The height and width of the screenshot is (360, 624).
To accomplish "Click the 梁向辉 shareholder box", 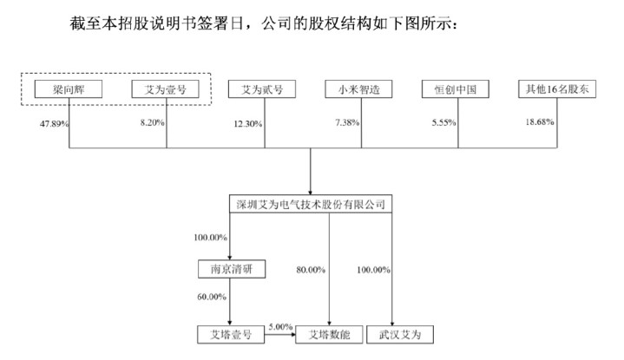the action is pyautogui.click(x=69, y=89).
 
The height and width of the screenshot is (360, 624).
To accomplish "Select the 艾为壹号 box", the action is pyautogui.click(x=165, y=89).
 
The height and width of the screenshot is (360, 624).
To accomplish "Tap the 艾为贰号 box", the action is pyautogui.click(x=262, y=89).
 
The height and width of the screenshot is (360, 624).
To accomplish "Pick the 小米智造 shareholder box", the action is pyautogui.click(x=358, y=89).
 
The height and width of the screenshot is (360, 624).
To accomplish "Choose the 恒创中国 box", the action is pyautogui.click(x=456, y=89).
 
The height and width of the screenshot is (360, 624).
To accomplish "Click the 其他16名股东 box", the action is pyautogui.click(x=557, y=88).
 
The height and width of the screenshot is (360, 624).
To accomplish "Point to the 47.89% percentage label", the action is pyautogui.click(x=54, y=124).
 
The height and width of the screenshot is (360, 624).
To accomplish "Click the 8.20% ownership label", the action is pyautogui.click(x=152, y=122).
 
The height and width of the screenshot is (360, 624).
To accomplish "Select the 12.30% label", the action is pyautogui.click(x=248, y=124).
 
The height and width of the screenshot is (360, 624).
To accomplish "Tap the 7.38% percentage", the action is pyautogui.click(x=347, y=122).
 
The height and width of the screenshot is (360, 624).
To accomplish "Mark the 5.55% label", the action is pyautogui.click(x=443, y=122).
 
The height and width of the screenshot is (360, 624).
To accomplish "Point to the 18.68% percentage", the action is pyautogui.click(x=540, y=121).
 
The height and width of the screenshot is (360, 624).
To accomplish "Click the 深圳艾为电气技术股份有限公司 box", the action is pyautogui.click(x=311, y=204).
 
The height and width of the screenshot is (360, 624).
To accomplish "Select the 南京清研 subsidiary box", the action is pyautogui.click(x=232, y=269).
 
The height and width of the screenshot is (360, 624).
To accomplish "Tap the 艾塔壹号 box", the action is pyautogui.click(x=231, y=335).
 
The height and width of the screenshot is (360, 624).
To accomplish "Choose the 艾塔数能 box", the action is pyautogui.click(x=330, y=335).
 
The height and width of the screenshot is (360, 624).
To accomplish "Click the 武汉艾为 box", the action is pyautogui.click(x=400, y=335).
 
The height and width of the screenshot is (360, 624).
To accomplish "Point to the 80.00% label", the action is pyautogui.click(x=311, y=270).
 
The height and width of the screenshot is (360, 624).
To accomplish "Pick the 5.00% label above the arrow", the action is pyautogui.click(x=280, y=327).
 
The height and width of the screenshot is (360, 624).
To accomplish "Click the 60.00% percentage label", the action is pyautogui.click(x=212, y=297).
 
